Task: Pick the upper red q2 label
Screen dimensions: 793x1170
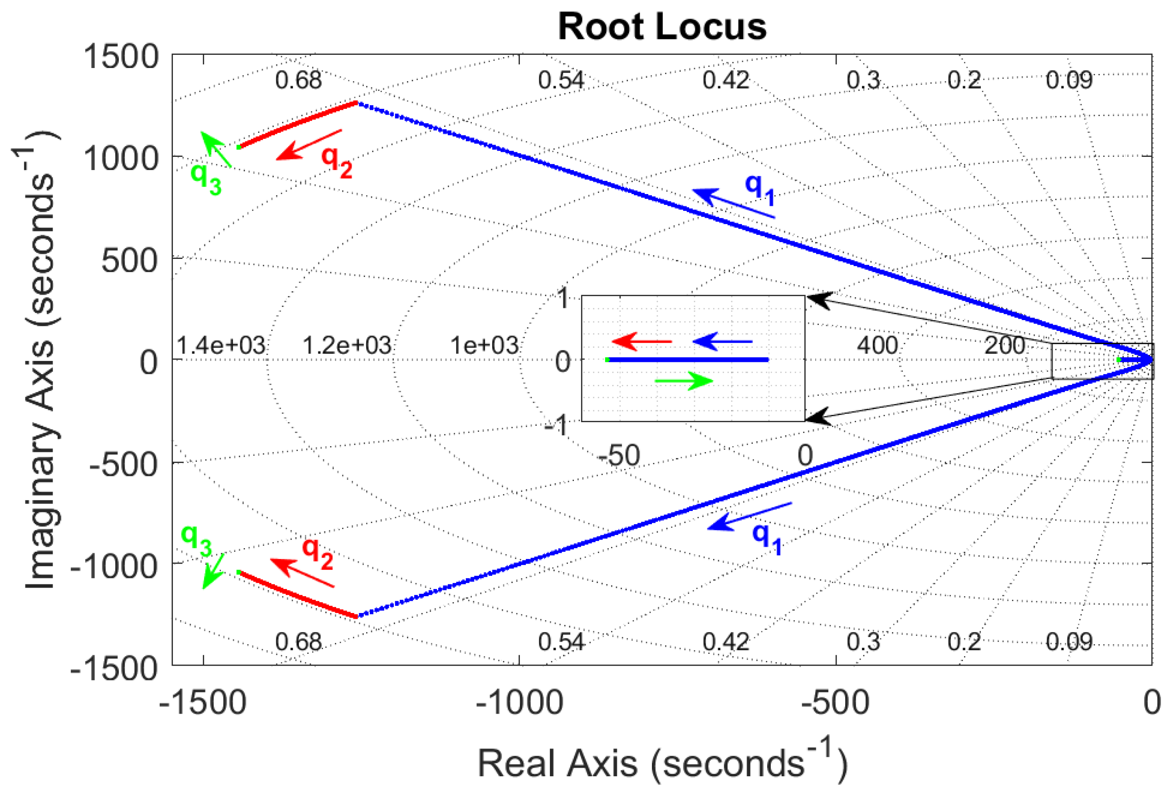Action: click(x=337, y=162)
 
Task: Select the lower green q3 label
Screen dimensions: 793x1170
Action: click(x=196, y=540)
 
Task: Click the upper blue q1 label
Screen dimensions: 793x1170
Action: click(x=760, y=189)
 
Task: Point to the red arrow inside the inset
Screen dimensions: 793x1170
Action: click(x=641, y=342)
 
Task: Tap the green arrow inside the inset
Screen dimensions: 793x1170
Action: click(x=684, y=381)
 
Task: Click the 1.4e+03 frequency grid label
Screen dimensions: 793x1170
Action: click(x=221, y=345)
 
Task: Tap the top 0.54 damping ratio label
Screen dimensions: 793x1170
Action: click(x=561, y=80)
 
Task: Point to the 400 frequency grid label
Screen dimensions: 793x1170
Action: click(x=877, y=345)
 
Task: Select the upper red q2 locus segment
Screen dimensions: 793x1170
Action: click(x=298, y=124)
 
